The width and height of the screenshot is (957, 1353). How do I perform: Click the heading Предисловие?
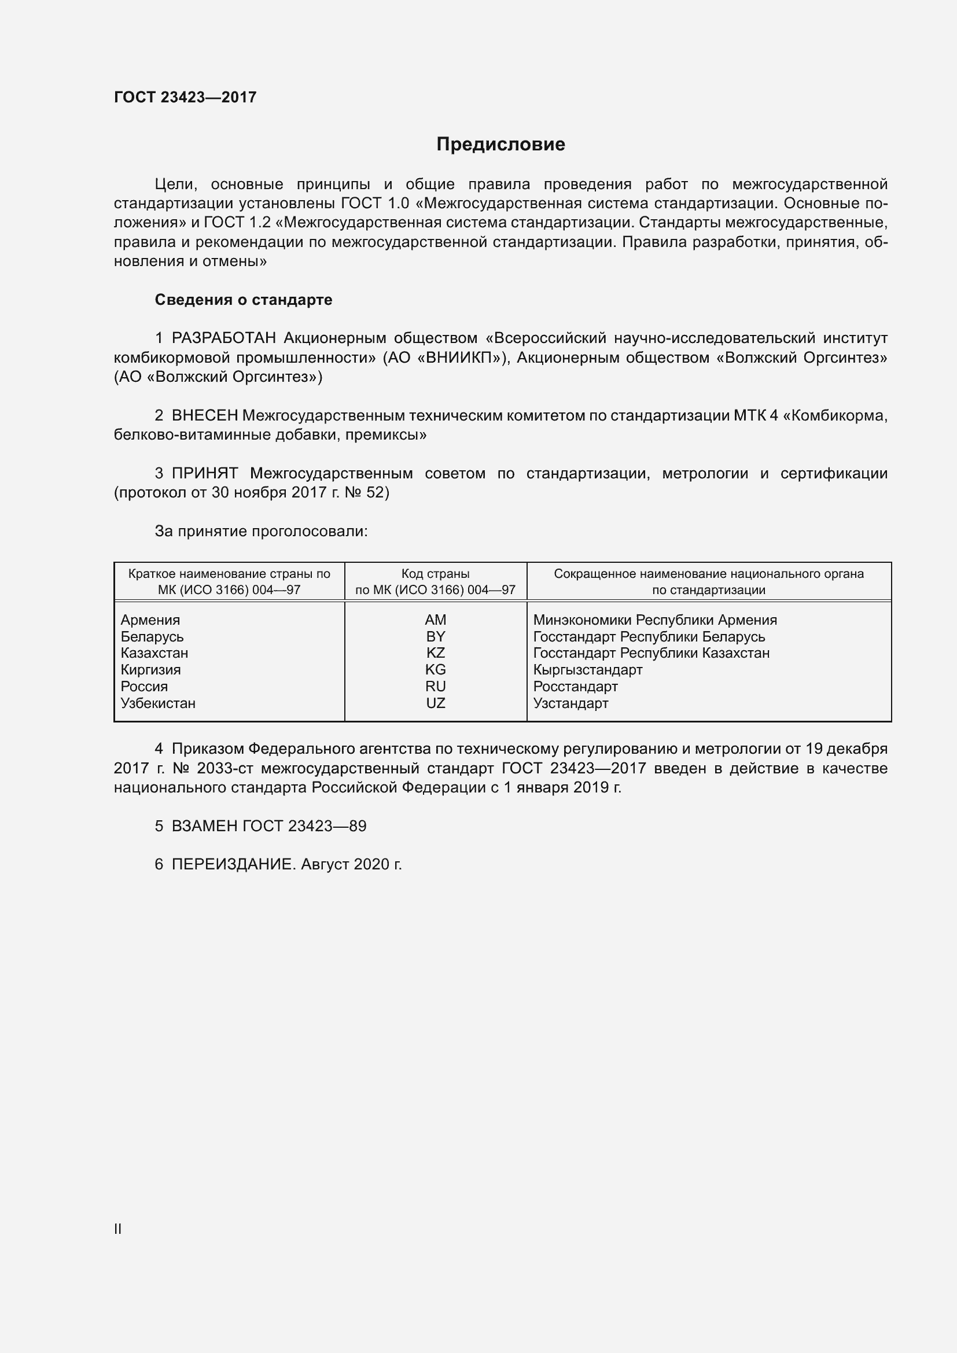(x=500, y=145)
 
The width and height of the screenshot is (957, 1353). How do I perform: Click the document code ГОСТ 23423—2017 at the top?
(x=185, y=97)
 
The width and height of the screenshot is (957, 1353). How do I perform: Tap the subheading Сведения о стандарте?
(x=244, y=300)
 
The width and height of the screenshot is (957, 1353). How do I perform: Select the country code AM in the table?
(x=436, y=620)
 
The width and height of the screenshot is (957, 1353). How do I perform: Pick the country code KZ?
(x=436, y=653)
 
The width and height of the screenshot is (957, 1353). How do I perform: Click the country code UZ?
(x=436, y=703)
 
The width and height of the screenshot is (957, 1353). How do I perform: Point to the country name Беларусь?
(x=152, y=637)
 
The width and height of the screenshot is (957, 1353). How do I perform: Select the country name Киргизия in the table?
(x=151, y=670)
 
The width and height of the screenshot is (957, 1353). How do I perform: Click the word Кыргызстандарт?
(x=587, y=670)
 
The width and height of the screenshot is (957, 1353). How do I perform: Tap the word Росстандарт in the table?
(x=575, y=687)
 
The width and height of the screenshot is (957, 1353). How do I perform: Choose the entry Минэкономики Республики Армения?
(x=655, y=620)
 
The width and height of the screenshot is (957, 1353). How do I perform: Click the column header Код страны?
(x=436, y=574)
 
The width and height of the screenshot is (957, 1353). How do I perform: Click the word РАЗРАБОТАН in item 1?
(x=224, y=338)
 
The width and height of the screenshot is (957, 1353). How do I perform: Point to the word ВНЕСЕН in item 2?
(x=204, y=416)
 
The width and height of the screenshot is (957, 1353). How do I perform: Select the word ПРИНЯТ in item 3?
(x=204, y=473)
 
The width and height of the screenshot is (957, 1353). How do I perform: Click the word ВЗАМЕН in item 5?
(x=204, y=826)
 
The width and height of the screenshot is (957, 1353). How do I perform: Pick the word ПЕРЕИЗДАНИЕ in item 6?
(x=231, y=864)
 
